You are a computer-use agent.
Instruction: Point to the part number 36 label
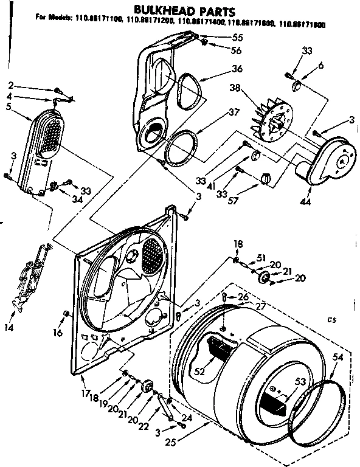click(x=237, y=69)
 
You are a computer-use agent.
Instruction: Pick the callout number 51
click(x=261, y=257)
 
